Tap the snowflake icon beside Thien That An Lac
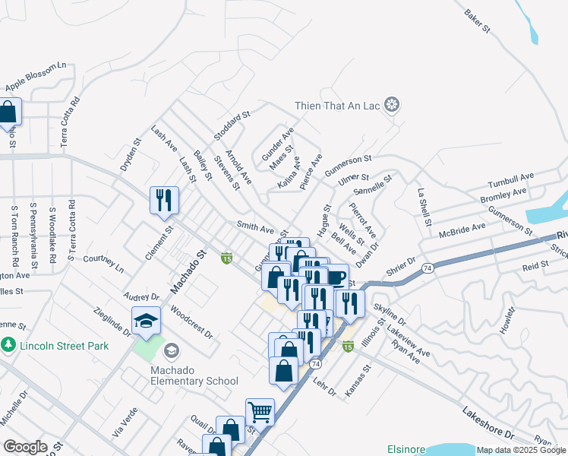click(392, 104)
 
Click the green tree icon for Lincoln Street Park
click(8, 346)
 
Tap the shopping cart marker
click(260, 413)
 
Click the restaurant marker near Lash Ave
click(164, 201)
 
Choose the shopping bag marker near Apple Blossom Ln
click(8, 112)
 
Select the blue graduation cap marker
click(146, 321)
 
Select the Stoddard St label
click(232, 125)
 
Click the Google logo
click(25, 447)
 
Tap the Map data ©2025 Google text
click(521, 450)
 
